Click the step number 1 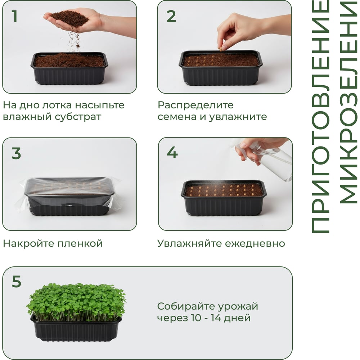[x=14, y=16]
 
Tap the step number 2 [x=171, y=16]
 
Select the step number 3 [x=16, y=153]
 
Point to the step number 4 [x=172, y=152]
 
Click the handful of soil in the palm [x=69, y=18]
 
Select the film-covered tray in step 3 [x=69, y=197]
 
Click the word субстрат [x=78, y=117]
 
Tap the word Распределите [x=195, y=105]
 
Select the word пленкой [x=80, y=243]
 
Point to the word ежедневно [x=255, y=244]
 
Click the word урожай [x=238, y=307]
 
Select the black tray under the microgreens [x=76, y=328]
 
